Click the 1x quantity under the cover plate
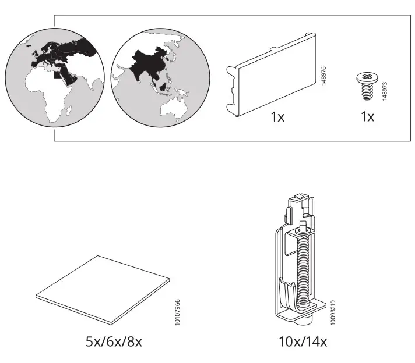tap(277, 117)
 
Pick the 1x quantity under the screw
tap(367, 117)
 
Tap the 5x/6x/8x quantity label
tap(114, 341)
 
